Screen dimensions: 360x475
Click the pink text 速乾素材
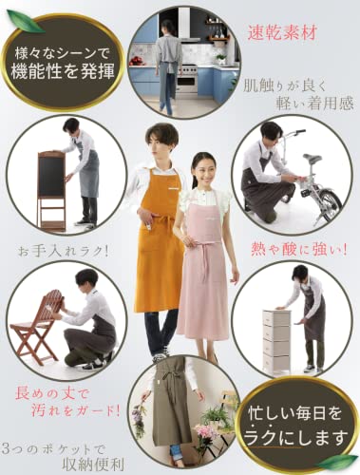click(x=282, y=32)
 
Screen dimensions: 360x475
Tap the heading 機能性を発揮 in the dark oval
click(x=63, y=71)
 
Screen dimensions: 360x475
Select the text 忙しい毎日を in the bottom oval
click(x=295, y=413)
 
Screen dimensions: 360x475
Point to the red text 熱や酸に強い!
click(x=298, y=250)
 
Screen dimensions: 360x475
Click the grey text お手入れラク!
click(x=64, y=252)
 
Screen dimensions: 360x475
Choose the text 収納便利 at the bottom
click(x=93, y=464)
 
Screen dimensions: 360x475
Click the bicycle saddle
click(x=312, y=158)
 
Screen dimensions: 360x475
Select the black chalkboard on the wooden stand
click(x=51, y=177)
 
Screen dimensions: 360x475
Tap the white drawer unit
click(x=276, y=339)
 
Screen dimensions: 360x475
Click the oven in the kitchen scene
click(x=187, y=78)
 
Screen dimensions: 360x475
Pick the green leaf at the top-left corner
click(x=26, y=21)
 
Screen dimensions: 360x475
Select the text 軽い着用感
click(x=314, y=104)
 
